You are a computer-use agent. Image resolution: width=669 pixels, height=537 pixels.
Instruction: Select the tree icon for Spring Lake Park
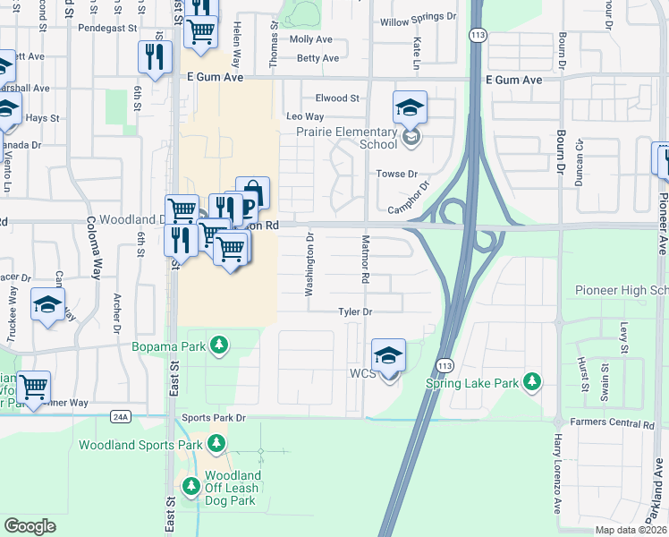(532, 382)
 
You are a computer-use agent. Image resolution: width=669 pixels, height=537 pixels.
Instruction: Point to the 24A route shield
(122, 416)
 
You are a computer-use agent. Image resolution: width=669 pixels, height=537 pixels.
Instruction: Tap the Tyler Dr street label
(354, 311)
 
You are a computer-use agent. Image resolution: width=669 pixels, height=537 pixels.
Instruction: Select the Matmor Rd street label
(364, 260)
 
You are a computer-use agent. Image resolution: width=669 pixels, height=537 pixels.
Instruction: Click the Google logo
(30, 526)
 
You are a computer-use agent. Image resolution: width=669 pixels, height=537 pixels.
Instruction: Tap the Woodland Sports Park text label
(140, 445)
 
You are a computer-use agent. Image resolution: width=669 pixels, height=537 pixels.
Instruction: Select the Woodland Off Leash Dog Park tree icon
(191, 486)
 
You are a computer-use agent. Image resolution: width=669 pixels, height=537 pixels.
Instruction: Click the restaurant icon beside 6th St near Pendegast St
(156, 57)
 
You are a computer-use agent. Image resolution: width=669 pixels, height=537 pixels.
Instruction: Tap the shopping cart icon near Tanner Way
(33, 388)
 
